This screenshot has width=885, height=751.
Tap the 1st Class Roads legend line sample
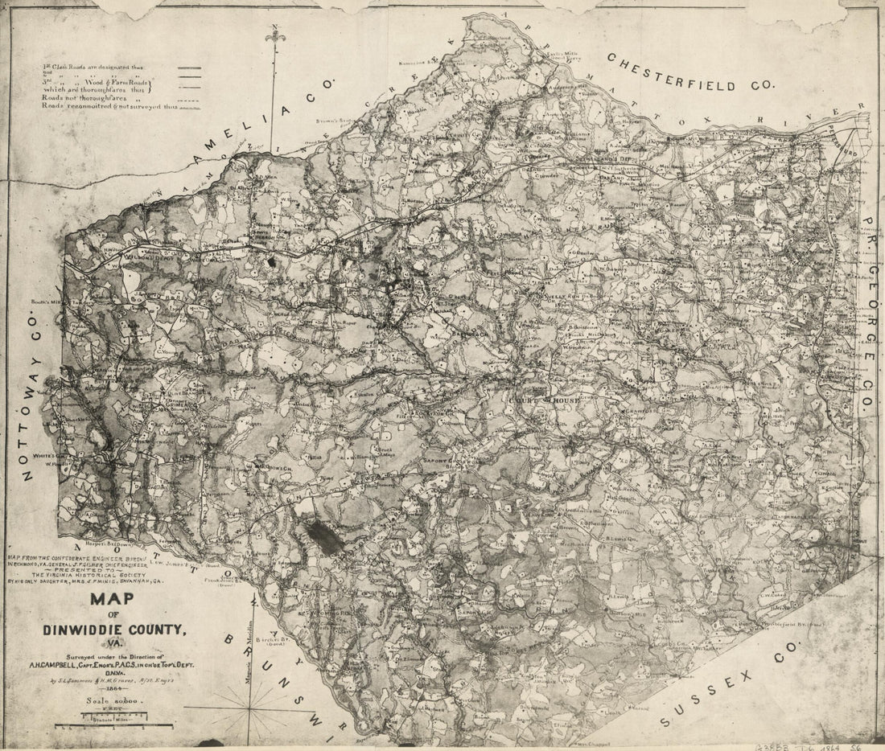point(189,68)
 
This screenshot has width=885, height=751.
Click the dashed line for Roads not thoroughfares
point(189,97)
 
